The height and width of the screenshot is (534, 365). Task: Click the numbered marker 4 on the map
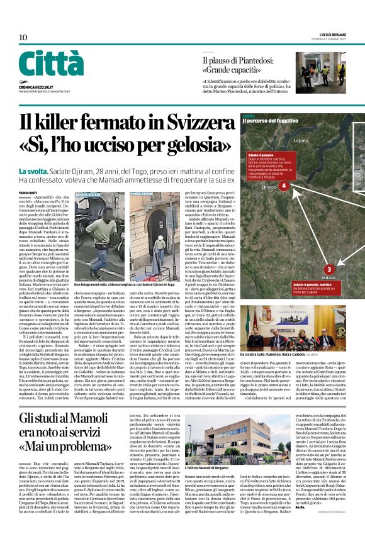tap(283, 186)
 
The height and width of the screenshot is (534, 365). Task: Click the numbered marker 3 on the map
tap(330, 269)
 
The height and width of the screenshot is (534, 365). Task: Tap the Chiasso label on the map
tap(268, 187)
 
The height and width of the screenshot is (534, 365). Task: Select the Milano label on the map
tap(328, 277)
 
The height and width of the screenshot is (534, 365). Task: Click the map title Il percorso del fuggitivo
tap(269, 121)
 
